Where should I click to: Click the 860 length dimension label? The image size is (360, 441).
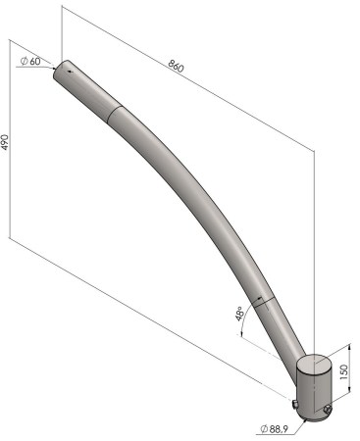point(177,66)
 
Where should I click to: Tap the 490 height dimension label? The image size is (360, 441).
point(5,142)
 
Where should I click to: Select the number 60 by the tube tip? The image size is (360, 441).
point(35,61)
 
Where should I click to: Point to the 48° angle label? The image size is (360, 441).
point(239,313)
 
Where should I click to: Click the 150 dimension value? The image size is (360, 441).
point(344,372)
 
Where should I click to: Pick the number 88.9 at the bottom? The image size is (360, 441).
point(279,429)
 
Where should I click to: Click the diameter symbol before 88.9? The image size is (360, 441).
point(264,429)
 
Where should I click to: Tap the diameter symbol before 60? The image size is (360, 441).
point(25,61)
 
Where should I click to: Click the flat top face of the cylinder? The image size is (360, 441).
point(313,365)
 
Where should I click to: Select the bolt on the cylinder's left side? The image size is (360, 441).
point(294,405)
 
